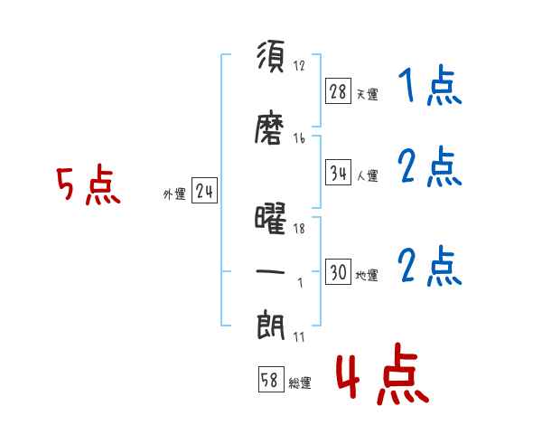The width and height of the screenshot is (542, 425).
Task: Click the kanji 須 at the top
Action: click(271, 56)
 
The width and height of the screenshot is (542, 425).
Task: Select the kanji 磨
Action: click(269, 127)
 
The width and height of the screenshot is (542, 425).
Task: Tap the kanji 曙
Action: click(270, 219)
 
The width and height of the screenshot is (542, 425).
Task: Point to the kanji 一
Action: click(270, 271)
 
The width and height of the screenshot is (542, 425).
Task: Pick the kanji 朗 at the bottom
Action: click(271, 325)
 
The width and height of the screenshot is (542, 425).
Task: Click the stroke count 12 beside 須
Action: click(299, 65)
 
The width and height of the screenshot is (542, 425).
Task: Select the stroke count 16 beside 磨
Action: click(299, 138)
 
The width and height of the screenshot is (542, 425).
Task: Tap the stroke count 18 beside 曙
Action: click(299, 229)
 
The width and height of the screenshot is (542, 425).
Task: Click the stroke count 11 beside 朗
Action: click(299, 336)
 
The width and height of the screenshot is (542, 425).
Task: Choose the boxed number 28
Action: click(338, 91)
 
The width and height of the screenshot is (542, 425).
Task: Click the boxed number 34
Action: click(338, 173)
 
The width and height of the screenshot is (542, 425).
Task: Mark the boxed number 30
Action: click(338, 271)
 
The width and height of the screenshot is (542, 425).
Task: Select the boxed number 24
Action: click(204, 191)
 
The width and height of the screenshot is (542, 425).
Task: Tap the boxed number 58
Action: click(271, 379)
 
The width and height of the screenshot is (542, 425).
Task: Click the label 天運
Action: click(367, 94)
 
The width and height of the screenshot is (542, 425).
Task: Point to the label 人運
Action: click(367, 175)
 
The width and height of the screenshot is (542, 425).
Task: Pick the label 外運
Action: click(174, 194)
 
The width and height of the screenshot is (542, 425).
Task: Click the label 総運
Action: click(300, 382)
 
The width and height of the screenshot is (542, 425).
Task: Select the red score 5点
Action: click(89, 184)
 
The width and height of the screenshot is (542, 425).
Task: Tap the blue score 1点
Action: click(430, 85)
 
